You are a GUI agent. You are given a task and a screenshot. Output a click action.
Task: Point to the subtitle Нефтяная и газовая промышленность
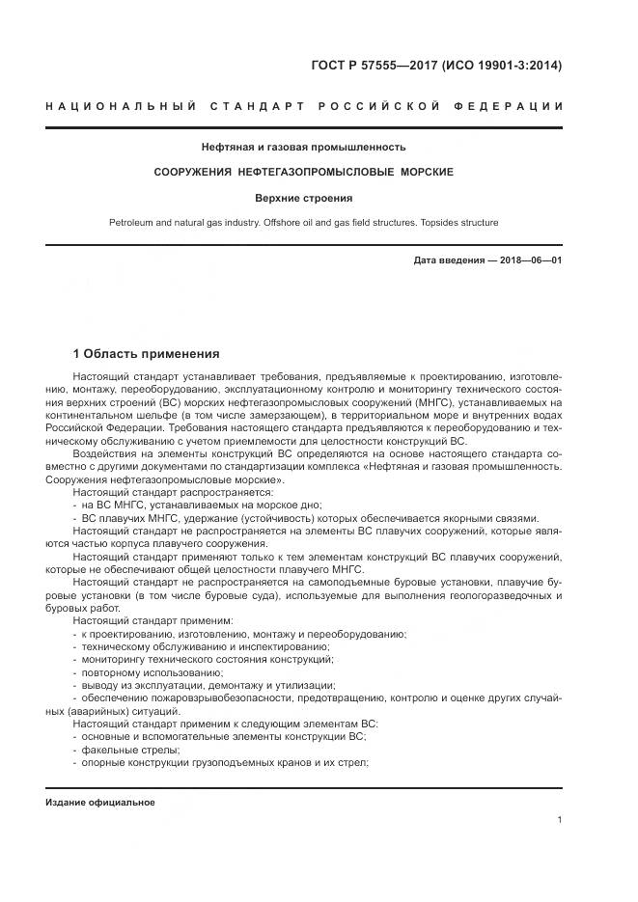[x=303, y=148]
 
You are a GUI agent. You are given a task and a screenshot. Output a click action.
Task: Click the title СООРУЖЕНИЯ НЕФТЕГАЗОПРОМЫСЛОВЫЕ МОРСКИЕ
[x=303, y=172]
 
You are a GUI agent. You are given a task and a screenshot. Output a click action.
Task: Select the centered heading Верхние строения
[x=303, y=198]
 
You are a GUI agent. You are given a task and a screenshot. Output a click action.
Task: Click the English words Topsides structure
[x=454, y=223]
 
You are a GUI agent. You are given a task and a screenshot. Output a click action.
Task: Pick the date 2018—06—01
[x=530, y=260]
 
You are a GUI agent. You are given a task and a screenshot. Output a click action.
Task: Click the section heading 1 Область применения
[x=146, y=354]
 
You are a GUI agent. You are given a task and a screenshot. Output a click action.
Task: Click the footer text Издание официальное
[x=99, y=803]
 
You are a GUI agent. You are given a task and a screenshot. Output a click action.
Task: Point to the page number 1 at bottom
[x=559, y=820]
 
